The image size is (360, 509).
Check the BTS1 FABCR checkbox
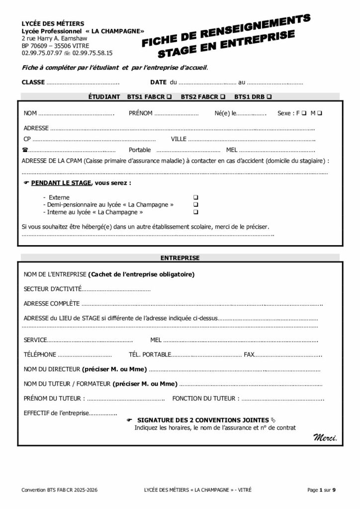tap(170, 96)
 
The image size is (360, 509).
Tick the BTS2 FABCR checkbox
tap(223, 96)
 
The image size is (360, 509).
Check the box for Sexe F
tap(303, 113)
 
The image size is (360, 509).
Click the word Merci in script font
tap(325, 438)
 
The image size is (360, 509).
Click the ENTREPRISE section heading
tap(180, 258)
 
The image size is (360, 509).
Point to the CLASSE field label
tap(33, 82)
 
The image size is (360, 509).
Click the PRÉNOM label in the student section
tap(140, 113)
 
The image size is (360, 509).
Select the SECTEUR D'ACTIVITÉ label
tap(52, 289)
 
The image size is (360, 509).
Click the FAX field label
tap(249, 355)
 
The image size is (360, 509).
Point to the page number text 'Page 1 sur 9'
tap(322, 490)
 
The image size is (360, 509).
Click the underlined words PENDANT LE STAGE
tap(61, 183)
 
